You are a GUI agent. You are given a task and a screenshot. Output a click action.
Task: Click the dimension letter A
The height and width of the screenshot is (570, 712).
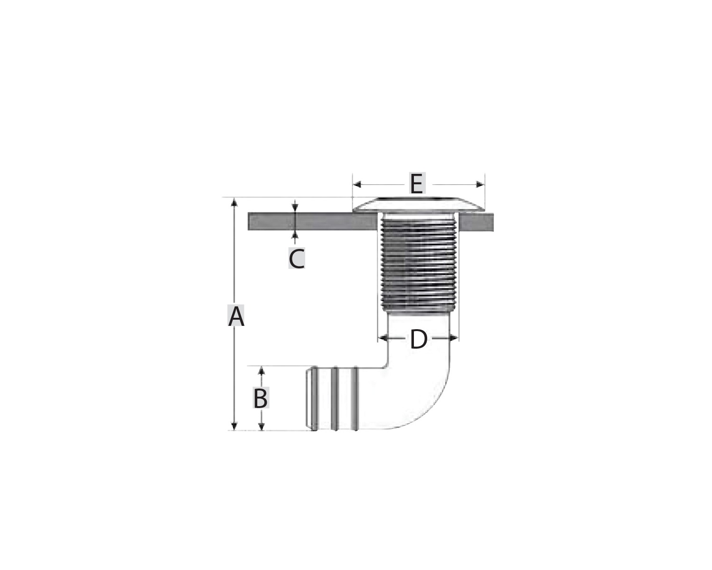(x=236, y=317)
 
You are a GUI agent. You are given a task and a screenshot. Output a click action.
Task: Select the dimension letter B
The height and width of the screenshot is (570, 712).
(x=261, y=398)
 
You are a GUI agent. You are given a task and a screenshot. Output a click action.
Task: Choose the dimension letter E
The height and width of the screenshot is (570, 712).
(x=417, y=183)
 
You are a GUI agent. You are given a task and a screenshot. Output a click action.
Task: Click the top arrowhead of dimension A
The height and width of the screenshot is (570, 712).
(x=234, y=202)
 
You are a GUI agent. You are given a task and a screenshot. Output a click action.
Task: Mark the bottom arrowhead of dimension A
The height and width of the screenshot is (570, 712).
(x=234, y=426)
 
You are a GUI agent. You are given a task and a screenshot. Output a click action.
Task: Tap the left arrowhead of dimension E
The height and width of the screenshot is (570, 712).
(x=357, y=184)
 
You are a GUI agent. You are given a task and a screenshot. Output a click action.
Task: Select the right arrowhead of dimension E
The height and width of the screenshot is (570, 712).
(x=480, y=184)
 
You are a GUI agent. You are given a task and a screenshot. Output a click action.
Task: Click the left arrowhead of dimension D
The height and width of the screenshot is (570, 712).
(x=383, y=338)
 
